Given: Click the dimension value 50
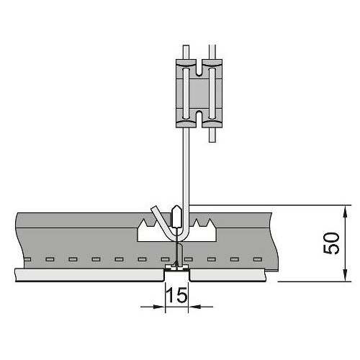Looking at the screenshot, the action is tap(331, 243).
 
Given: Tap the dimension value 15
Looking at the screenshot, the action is tap(177, 295).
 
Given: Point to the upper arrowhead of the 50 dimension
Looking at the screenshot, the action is tap(345, 212).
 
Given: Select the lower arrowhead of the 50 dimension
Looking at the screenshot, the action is tap(345, 275).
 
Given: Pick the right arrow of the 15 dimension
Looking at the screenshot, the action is tap(201, 307).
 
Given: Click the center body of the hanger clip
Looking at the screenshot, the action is tap(199, 94).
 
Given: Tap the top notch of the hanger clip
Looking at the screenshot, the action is tap(199, 68).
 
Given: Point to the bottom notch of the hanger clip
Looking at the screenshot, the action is tap(199, 119).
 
